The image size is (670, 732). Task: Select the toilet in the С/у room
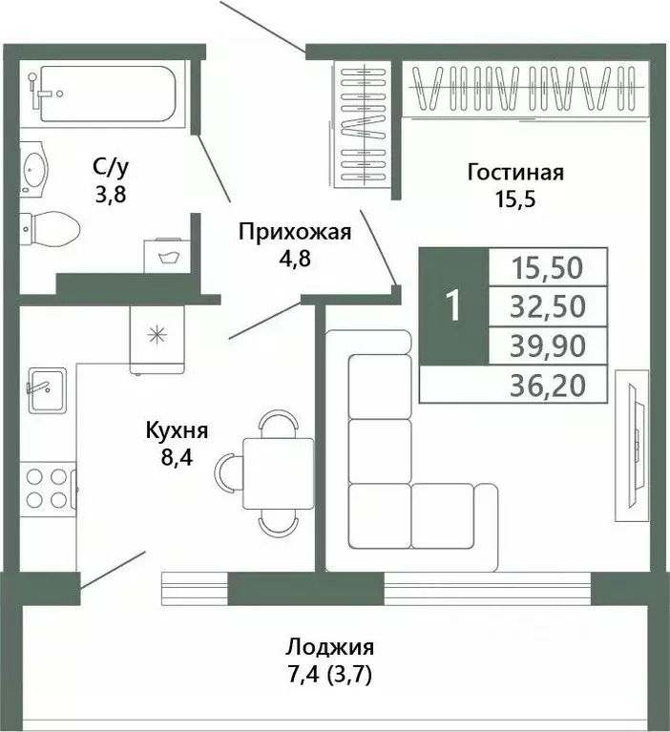click(x=49, y=228)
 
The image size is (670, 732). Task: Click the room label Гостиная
click(x=515, y=173)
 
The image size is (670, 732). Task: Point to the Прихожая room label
click(x=294, y=231)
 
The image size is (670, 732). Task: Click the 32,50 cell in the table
click(x=547, y=305)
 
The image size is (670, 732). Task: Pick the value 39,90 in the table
click(x=547, y=345)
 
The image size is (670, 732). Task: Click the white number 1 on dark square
click(x=453, y=305)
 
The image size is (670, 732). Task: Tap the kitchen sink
click(x=46, y=389)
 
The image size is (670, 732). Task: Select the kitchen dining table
click(x=278, y=472)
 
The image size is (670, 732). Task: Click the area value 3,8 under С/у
click(x=110, y=196)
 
